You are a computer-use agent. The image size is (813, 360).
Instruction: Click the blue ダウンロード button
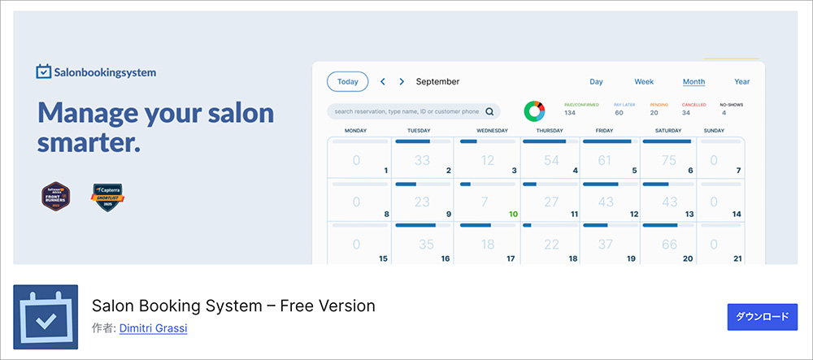762,317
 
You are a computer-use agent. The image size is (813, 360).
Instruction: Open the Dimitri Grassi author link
154,328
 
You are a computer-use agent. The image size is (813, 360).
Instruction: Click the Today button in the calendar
347,81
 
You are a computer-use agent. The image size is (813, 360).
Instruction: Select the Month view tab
693,81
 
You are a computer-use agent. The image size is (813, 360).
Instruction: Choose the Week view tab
644,81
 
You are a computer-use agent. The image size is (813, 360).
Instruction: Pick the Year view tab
741,81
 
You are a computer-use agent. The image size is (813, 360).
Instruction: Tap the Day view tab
596,81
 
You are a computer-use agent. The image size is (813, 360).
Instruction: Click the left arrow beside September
383,81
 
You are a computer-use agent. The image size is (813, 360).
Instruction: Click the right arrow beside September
402,81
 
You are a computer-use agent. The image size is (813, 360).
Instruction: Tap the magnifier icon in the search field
489,111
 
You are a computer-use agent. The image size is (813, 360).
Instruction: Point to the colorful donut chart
534,111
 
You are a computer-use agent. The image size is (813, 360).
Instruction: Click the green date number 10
513,215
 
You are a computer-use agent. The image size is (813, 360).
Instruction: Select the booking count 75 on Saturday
669,160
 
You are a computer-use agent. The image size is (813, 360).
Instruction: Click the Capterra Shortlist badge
107,197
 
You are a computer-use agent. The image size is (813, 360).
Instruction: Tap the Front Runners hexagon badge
56,197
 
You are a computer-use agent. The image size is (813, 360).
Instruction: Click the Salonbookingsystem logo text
104,72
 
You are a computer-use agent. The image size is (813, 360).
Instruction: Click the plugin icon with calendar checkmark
46,317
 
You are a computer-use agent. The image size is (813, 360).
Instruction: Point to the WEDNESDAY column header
492,130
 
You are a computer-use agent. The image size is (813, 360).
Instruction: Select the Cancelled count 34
685,112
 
